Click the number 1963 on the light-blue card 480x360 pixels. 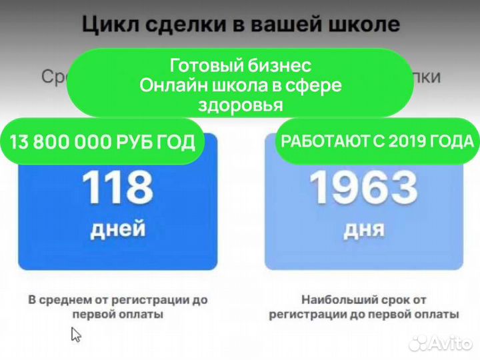pos(364,189)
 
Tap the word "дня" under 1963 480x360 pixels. pos(364,229)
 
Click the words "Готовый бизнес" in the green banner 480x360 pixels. pos(240,66)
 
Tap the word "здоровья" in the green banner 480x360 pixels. pos(240,105)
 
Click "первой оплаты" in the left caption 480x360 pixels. pos(117,314)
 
